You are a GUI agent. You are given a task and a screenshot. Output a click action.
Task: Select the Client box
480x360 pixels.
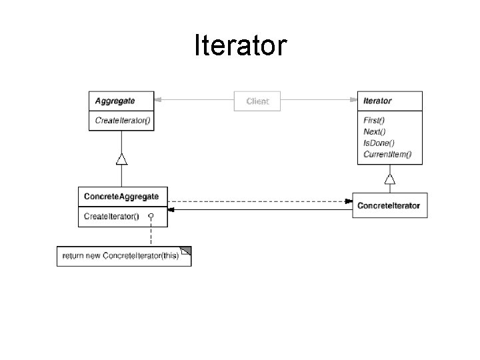pyautogui.click(x=257, y=101)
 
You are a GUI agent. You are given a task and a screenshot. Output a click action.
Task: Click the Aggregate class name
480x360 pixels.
pyautogui.click(x=115, y=101)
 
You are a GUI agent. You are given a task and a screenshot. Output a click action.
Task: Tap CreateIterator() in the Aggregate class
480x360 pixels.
pyautogui.click(x=123, y=121)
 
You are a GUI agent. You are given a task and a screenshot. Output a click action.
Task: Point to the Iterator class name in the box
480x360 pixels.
pyautogui.click(x=377, y=101)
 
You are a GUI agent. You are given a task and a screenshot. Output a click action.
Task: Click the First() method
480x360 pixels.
pyautogui.click(x=374, y=120)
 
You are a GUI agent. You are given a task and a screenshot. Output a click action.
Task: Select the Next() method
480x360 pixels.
pyautogui.click(x=374, y=131)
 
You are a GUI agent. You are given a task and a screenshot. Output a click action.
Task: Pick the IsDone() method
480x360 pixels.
pyautogui.click(x=379, y=143)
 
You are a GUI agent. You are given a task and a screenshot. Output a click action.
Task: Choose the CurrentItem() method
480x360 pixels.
pyautogui.click(x=387, y=155)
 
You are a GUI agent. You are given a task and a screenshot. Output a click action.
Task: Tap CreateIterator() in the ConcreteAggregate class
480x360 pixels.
pyautogui.click(x=111, y=217)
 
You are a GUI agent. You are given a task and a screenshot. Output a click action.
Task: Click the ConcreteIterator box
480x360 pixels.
pyautogui.click(x=389, y=205)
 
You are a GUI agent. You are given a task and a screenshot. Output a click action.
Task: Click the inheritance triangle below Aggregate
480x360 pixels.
pyautogui.click(x=121, y=159)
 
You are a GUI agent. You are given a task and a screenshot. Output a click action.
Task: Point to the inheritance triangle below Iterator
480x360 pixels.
pyautogui.click(x=389, y=178)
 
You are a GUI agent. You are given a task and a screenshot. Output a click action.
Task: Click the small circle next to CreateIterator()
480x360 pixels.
pyautogui.click(x=151, y=217)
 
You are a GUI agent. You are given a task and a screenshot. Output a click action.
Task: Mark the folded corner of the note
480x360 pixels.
pyautogui.click(x=186, y=251)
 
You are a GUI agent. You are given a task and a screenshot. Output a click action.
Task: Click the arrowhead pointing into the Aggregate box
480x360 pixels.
pyautogui.click(x=159, y=101)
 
